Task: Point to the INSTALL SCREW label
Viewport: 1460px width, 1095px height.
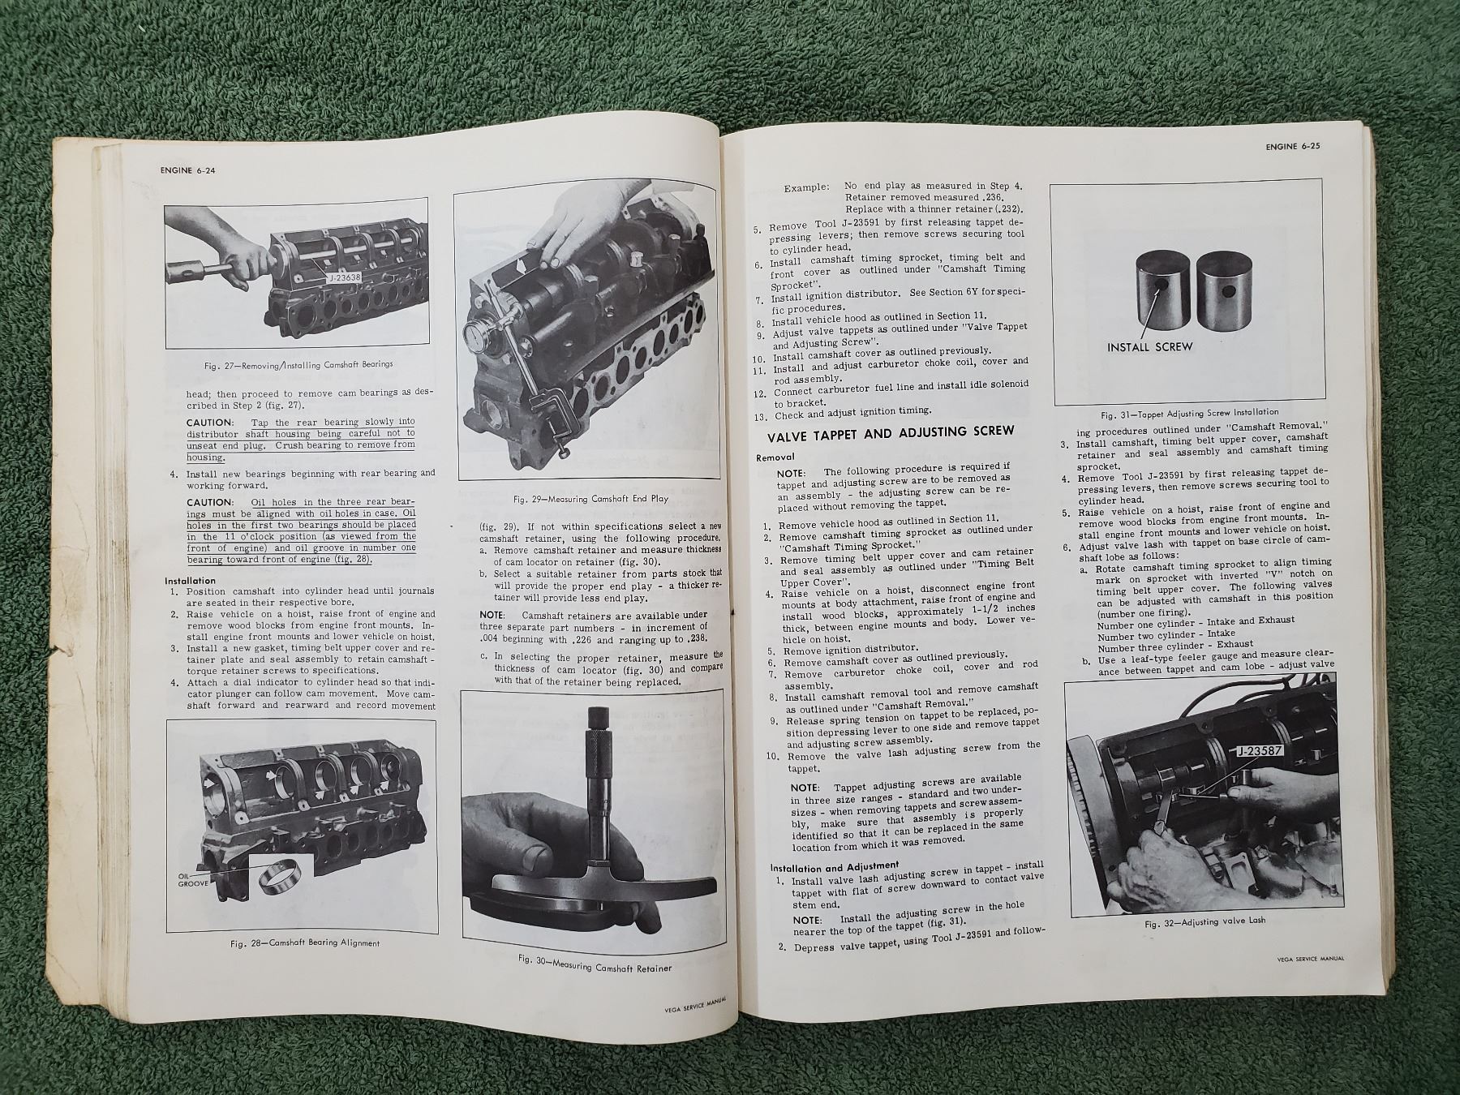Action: (x=1150, y=346)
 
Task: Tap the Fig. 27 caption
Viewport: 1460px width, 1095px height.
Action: (x=299, y=364)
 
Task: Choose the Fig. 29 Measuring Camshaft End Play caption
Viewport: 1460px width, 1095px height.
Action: (x=590, y=498)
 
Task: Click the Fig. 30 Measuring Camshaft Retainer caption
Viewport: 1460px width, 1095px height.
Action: (x=595, y=963)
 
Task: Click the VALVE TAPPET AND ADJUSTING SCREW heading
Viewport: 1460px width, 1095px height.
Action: (x=890, y=433)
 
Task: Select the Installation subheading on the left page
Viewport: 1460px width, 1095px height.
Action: (x=191, y=581)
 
